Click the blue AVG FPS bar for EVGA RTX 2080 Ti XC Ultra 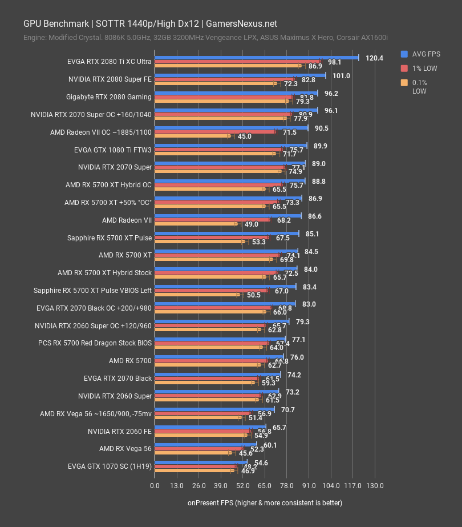coord(257,58)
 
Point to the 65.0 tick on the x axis coord(265,486)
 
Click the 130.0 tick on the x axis coord(374,486)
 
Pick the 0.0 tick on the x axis coord(155,486)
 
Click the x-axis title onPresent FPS coord(265,503)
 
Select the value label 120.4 coord(374,58)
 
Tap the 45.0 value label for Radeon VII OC coord(245,136)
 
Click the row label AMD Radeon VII coord(127,220)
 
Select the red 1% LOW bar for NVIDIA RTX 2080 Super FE coord(224,79)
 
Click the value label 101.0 coord(341,75)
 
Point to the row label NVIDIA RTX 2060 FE coord(120,432)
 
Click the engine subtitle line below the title coord(205,38)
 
